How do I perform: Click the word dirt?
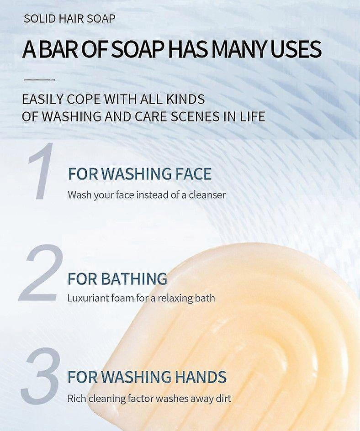[222, 398]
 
